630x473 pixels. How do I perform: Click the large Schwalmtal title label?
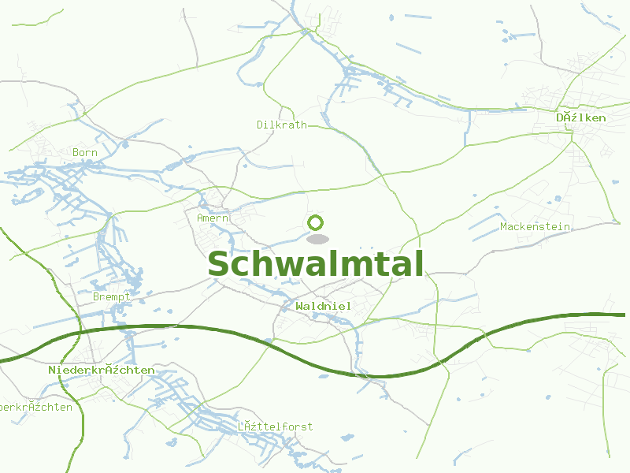pos(315,265)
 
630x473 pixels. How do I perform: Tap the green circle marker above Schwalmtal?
pos(316,222)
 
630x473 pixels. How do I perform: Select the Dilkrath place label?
pos(282,125)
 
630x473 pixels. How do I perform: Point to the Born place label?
pos(84,152)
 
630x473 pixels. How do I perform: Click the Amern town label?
pos(213,218)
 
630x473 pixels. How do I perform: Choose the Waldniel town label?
pos(323,305)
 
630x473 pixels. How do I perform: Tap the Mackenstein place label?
pos(535,226)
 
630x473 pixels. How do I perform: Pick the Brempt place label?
pos(111,297)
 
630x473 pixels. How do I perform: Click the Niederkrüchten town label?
pos(101,370)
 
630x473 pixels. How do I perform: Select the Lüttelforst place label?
pos(275,426)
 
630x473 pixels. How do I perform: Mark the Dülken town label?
pos(581,117)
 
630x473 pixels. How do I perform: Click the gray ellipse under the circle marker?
pos(317,239)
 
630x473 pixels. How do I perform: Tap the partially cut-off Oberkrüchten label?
pos(36,408)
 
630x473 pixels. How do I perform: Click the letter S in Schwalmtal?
pos(220,265)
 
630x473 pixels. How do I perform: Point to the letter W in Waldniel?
pos(300,305)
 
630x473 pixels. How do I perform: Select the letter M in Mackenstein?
pos(504,226)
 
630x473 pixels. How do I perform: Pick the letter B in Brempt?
pos(96,297)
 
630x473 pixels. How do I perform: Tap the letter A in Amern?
pos(200,218)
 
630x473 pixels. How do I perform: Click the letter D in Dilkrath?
pos(261,125)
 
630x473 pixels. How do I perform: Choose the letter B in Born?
pos(75,152)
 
